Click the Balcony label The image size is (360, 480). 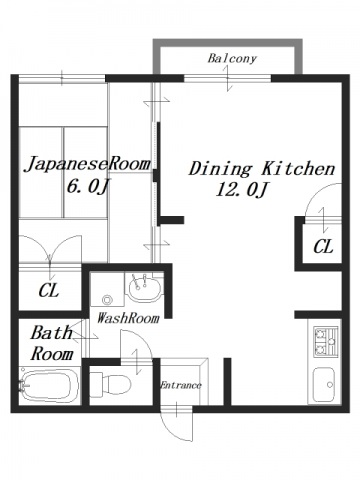(232, 59)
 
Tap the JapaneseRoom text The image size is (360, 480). (88, 164)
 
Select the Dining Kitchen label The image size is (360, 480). (261, 169)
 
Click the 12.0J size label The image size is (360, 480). (242, 191)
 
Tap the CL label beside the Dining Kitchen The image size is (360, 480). (323, 247)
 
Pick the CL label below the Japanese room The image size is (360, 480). (48, 291)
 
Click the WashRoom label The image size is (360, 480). (127, 319)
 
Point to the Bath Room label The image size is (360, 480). (51, 343)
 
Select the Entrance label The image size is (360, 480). (182, 385)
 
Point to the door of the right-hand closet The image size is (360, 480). (317, 219)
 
